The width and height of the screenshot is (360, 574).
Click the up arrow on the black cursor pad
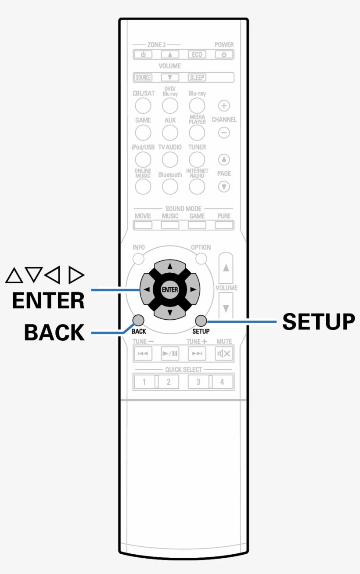(170, 266)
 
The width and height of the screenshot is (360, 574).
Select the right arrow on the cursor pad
(193, 289)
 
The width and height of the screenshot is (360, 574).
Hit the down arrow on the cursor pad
(170, 313)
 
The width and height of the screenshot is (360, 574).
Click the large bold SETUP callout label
(318, 321)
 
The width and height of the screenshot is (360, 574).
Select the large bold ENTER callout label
(48, 301)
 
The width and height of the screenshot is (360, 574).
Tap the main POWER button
(224, 55)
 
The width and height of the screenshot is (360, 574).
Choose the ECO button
(197, 55)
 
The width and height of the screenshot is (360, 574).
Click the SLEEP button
(197, 78)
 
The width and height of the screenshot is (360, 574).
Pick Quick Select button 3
(198, 382)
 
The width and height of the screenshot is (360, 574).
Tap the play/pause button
(170, 353)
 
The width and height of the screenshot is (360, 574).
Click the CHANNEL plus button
(224, 106)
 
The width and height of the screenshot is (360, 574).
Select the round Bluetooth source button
(170, 187)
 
